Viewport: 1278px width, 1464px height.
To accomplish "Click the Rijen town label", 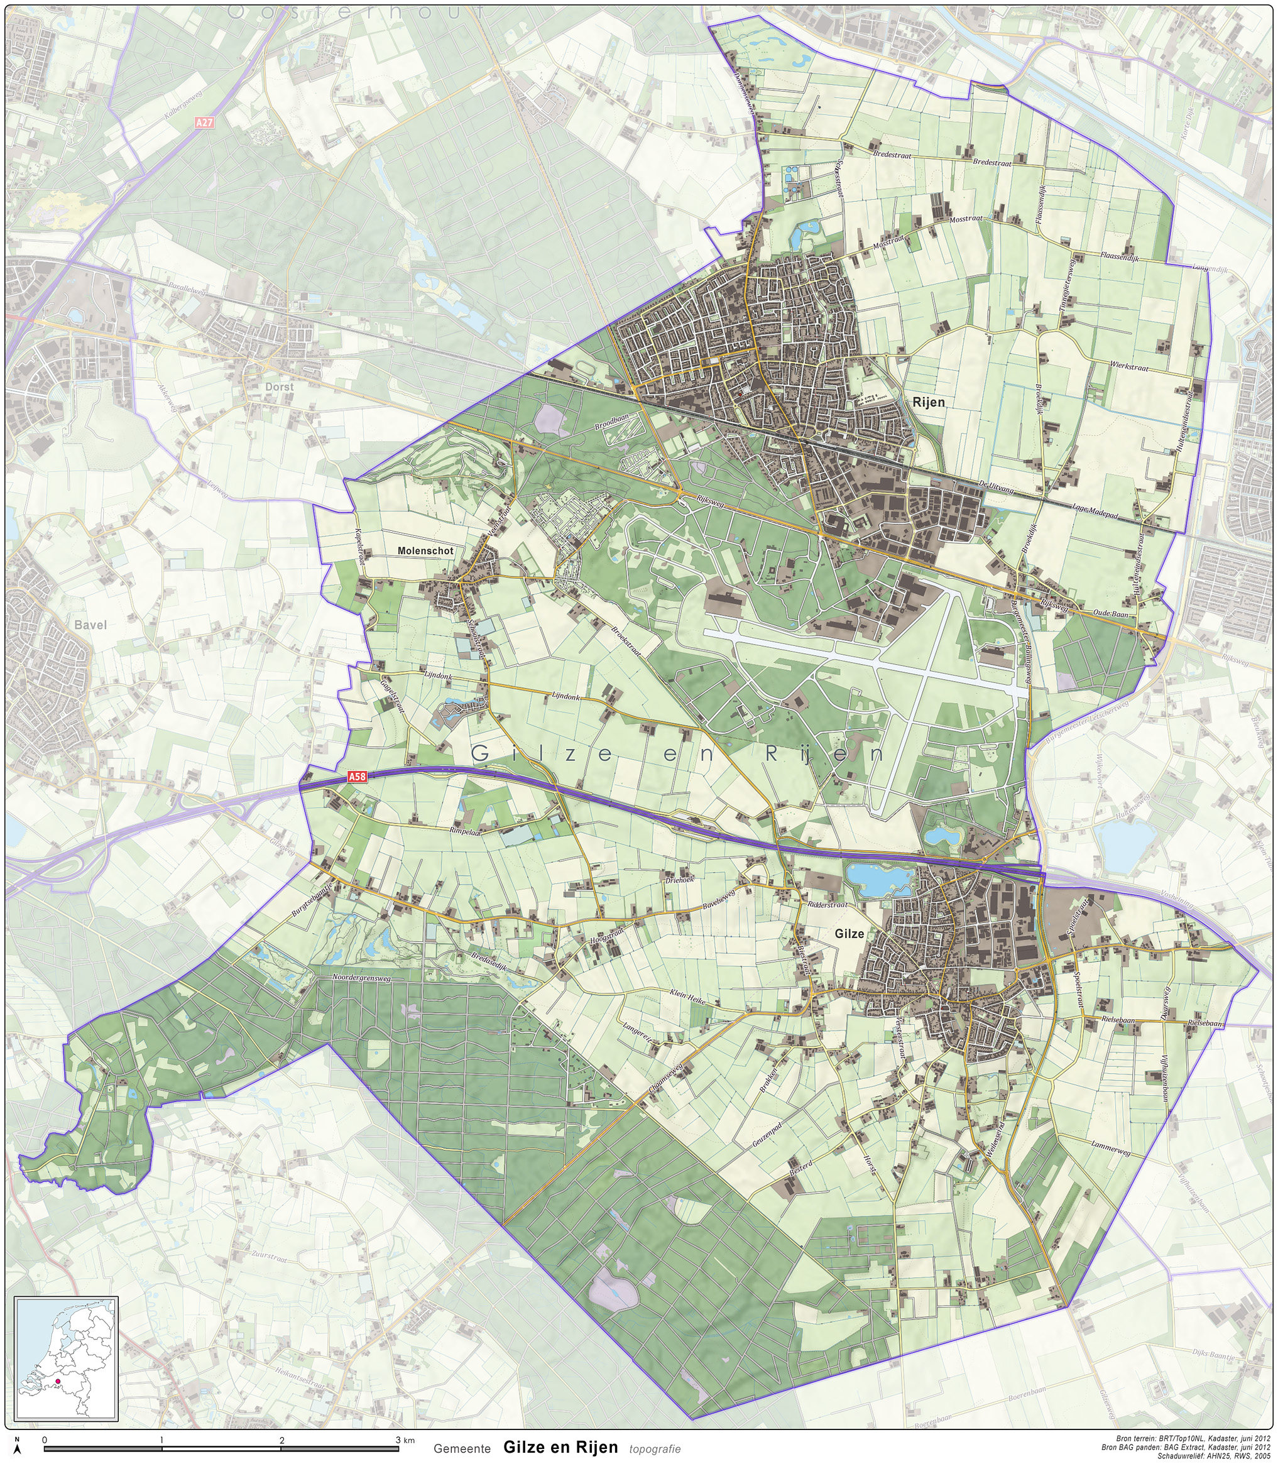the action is pyautogui.click(x=928, y=402).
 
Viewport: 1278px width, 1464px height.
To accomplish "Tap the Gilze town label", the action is pyautogui.click(x=849, y=934).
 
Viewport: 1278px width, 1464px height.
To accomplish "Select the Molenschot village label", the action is pyautogui.click(x=425, y=550).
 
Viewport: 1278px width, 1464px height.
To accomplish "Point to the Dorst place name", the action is pyautogui.click(x=279, y=386).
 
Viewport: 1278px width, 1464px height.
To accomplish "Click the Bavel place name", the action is pyautogui.click(x=90, y=625).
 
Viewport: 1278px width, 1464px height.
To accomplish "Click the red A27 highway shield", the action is pyautogui.click(x=204, y=123).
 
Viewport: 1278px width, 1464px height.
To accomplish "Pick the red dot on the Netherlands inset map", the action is pyautogui.click(x=57, y=1381).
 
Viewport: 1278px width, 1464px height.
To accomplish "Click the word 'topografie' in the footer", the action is pyautogui.click(x=655, y=1448).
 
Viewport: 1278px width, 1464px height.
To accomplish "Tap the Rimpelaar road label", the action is pyautogui.click(x=465, y=831).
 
